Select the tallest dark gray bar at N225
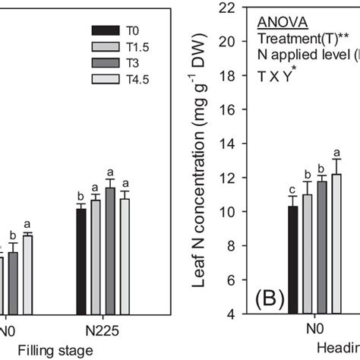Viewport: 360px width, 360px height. click(110, 250)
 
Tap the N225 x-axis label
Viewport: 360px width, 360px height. click(103, 332)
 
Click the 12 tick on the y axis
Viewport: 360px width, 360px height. click(226, 178)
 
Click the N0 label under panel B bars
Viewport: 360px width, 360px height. click(313, 332)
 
